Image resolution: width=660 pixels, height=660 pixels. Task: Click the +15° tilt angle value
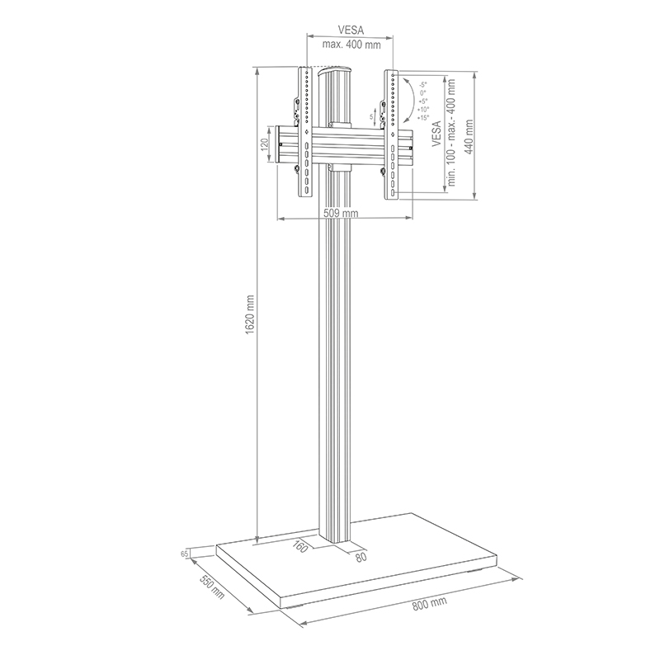click(422, 118)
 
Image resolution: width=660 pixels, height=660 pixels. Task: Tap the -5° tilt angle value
click(422, 85)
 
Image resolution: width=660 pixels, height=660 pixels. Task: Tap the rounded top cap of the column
click(337, 72)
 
